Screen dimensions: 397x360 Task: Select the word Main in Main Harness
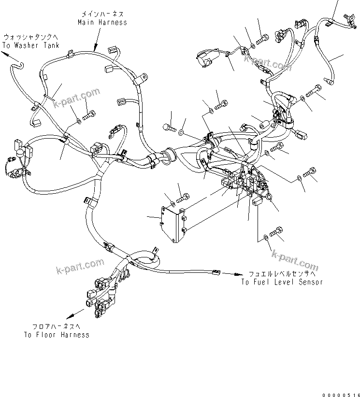click(86, 22)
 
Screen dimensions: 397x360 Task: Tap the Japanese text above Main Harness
click(102, 14)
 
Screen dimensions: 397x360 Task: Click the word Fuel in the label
click(261, 282)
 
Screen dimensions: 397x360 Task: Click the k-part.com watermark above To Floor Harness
click(80, 264)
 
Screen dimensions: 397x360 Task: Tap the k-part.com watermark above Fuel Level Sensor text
click(294, 261)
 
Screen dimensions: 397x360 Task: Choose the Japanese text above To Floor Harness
click(56, 327)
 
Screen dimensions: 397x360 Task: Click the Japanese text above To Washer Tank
click(31, 37)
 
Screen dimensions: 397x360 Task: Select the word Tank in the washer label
click(51, 45)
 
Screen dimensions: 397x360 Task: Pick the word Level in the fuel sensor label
click(285, 282)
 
